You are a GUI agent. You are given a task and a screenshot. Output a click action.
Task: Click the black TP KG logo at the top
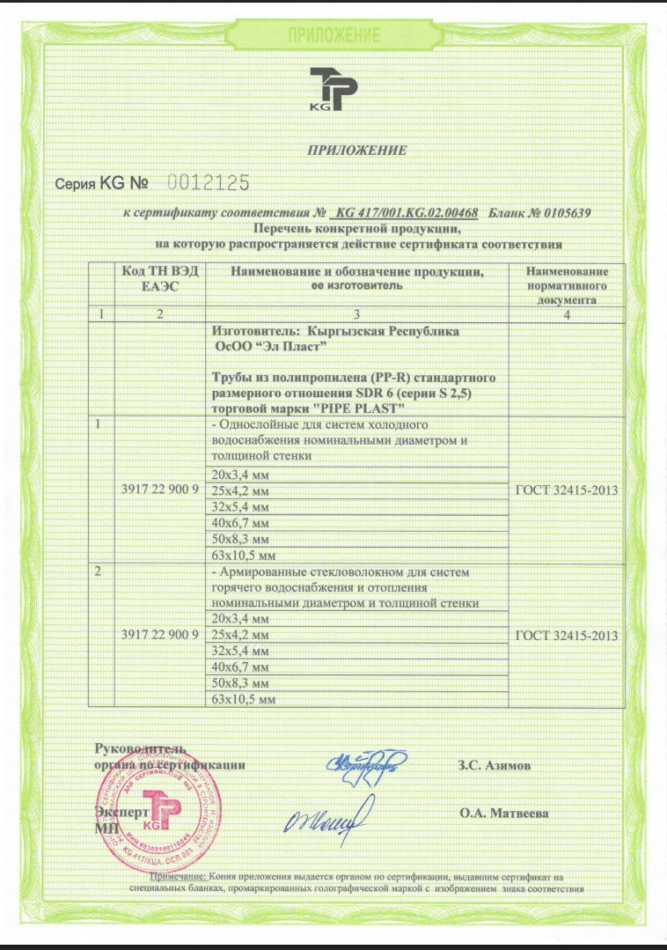click(333, 90)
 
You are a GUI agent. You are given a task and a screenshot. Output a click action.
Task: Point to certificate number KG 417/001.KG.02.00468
click(407, 213)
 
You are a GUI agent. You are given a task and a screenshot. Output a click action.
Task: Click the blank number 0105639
click(560, 213)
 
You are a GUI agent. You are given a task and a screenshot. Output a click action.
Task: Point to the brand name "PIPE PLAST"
click(355, 409)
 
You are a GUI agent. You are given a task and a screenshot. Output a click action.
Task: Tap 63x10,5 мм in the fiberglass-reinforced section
click(240, 698)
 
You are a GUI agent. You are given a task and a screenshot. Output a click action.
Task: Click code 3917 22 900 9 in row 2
click(159, 635)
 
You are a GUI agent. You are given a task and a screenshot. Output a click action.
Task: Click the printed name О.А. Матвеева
click(504, 813)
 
